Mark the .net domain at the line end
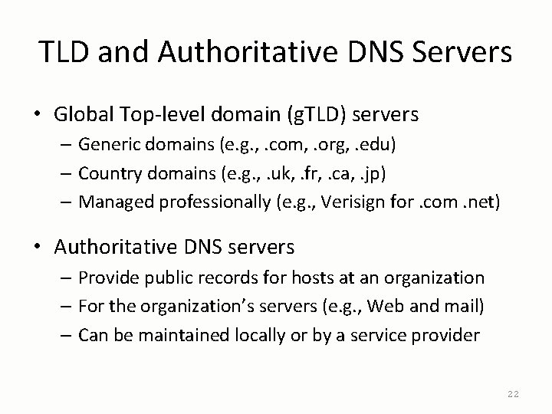[x=483, y=202]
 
